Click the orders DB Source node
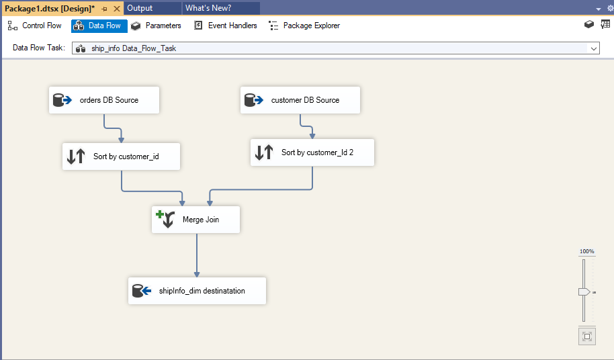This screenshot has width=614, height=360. [104, 100]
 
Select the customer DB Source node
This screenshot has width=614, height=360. [300, 100]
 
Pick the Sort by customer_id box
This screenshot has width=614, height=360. [121, 156]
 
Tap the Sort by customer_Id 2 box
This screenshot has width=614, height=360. [312, 152]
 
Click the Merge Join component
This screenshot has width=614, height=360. [195, 220]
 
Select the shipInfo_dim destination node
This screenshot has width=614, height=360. [197, 291]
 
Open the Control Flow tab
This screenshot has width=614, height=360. [35, 26]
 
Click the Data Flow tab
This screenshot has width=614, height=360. [99, 26]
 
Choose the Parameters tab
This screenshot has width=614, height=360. [156, 26]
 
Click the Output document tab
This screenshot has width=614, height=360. [140, 8]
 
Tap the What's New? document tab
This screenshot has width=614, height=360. [208, 8]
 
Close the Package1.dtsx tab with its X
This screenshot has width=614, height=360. [116, 8]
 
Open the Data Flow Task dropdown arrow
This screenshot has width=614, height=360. [593, 48]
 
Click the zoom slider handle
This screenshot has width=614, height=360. [584, 291]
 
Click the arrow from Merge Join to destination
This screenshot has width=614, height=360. [197, 255]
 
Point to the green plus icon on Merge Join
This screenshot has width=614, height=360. [160, 214]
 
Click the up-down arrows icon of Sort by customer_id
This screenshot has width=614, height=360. [76, 156]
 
